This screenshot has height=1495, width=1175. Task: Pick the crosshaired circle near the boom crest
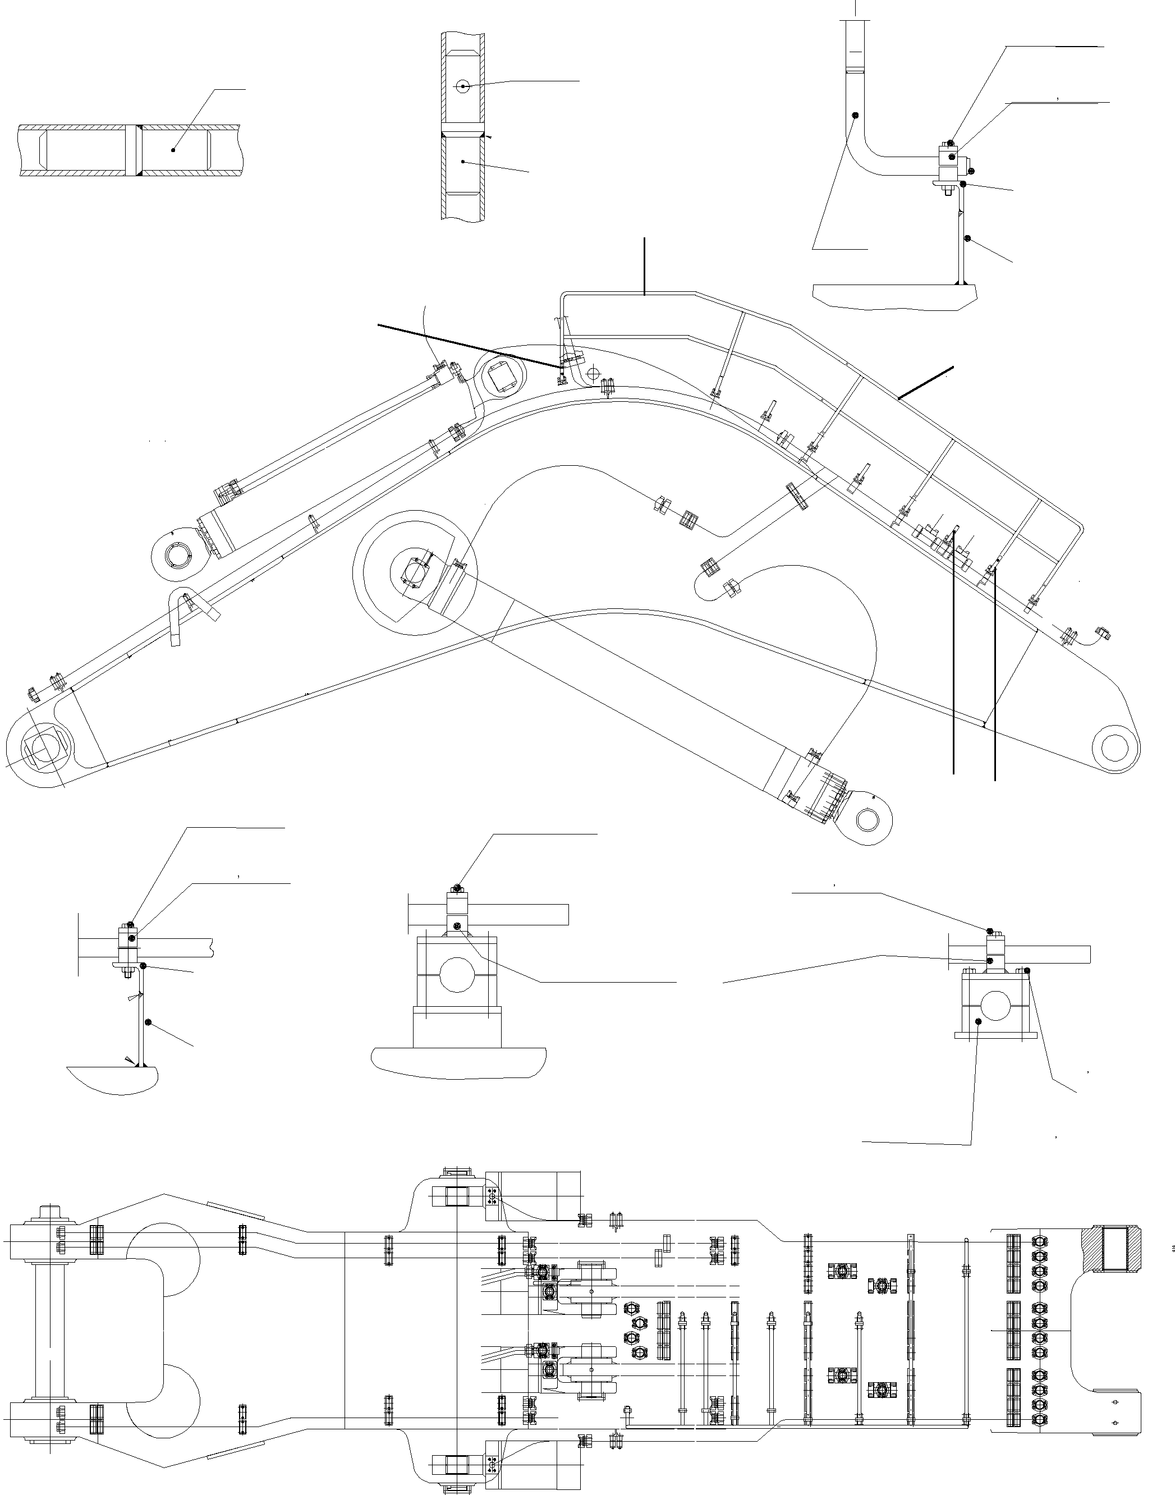pos(594,373)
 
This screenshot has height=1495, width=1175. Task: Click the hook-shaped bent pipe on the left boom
pos(180,614)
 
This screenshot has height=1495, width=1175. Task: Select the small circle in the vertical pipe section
pos(463,86)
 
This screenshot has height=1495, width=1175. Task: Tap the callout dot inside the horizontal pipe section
pos(173,149)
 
